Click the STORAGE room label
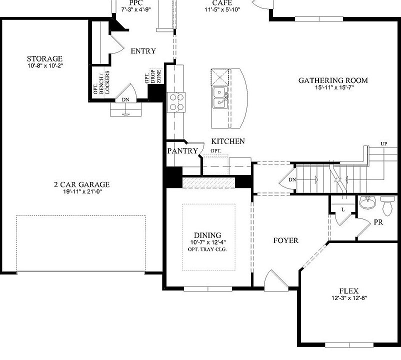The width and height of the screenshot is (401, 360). [x=44, y=58]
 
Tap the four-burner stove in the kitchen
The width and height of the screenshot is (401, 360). [x=176, y=101]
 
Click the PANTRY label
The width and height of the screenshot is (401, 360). [x=182, y=150]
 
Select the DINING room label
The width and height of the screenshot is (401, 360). [x=207, y=235]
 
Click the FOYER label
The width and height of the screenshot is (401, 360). [x=285, y=240]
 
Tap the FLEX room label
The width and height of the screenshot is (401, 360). [x=348, y=291]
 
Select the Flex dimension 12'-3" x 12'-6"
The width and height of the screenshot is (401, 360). [x=348, y=298]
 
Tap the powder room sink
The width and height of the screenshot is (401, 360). [x=367, y=202]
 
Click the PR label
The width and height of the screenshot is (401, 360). [x=378, y=222]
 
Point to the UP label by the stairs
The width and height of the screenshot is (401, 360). [x=383, y=144]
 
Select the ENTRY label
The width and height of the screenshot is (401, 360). [x=143, y=51]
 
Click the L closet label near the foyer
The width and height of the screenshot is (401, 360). [x=343, y=209]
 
